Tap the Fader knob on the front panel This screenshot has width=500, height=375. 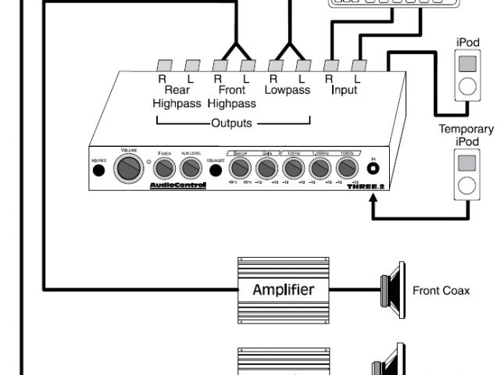[x=165, y=167]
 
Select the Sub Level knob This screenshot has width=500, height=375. [x=190, y=167]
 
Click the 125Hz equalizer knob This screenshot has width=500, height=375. [x=293, y=167]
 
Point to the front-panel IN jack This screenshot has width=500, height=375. [x=373, y=169]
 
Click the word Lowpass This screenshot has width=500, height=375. [x=287, y=91]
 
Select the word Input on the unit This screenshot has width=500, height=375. [x=344, y=91]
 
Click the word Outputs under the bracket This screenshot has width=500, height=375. [x=232, y=123]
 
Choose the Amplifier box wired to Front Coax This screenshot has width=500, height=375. [x=283, y=290]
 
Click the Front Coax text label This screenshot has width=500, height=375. [x=441, y=291]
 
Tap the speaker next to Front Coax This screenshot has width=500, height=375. [x=391, y=290]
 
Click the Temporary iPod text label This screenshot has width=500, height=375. [x=466, y=134]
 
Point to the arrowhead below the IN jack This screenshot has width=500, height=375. [x=374, y=199]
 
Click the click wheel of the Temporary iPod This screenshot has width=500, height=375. [x=466, y=186]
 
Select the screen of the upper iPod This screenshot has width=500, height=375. [x=466, y=62]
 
